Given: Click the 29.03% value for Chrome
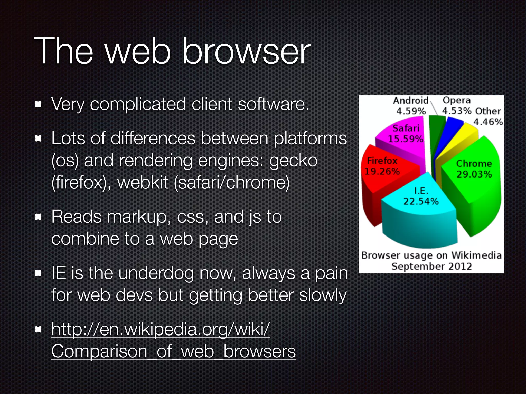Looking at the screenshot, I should (474, 174).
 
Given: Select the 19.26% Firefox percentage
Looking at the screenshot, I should (382, 171).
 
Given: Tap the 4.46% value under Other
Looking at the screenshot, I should (488, 122).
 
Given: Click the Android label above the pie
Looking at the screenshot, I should (411, 101).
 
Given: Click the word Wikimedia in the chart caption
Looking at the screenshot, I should (476, 255).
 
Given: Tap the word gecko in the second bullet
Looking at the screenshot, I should (293, 161).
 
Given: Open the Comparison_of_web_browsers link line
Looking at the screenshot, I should (173, 351).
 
